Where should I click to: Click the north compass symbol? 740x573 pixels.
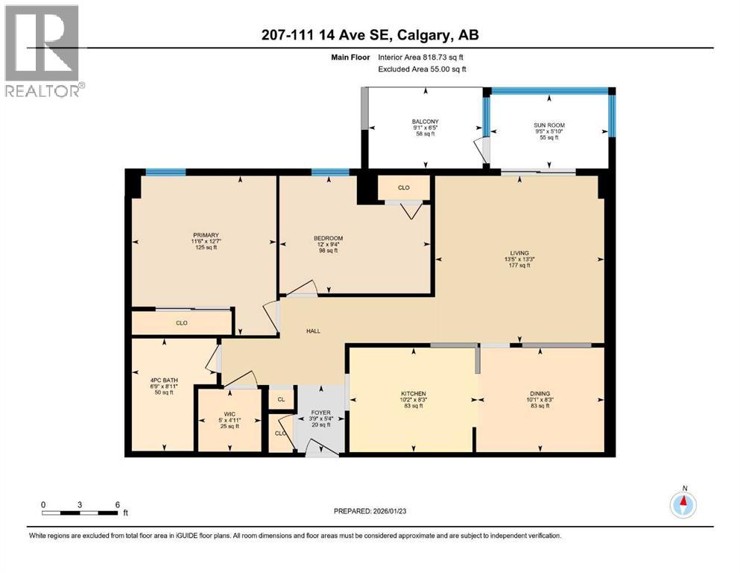(x=683, y=505)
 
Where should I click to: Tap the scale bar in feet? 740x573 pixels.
(x=80, y=513)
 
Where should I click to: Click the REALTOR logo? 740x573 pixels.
(x=42, y=51)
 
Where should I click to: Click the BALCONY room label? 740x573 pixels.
(x=425, y=121)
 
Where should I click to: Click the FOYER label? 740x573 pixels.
(x=320, y=413)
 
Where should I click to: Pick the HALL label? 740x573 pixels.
(x=313, y=331)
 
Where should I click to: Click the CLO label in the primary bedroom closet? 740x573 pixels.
(x=181, y=323)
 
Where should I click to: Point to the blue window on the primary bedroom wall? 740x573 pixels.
(x=165, y=172)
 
